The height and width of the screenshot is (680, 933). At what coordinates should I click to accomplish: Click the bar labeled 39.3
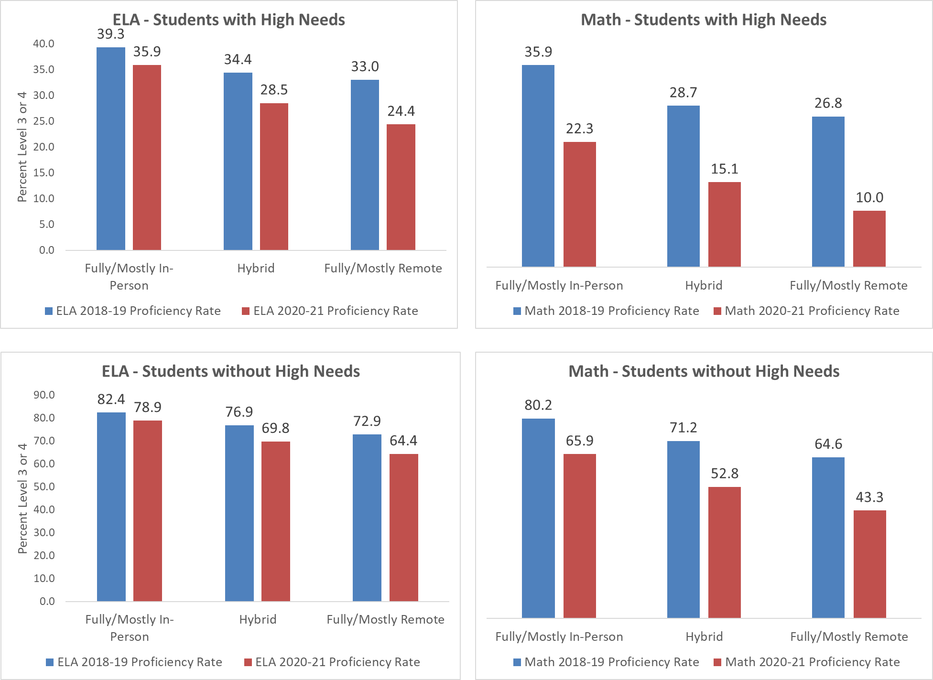tap(110, 148)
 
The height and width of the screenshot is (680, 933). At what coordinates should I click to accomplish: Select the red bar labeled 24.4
tap(401, 187)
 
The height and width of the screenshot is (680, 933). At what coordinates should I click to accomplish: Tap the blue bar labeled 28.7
tap(683, 186)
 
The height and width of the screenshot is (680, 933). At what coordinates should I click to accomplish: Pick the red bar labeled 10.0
tap(869, 238)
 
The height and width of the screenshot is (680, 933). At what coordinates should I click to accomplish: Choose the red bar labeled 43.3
tap(869, 564)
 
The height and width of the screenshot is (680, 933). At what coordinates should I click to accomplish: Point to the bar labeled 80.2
tap(538, 518)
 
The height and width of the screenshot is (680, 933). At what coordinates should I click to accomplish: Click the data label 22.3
tap(579, 129)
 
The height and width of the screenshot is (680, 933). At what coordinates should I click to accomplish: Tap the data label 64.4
tap(403, 440)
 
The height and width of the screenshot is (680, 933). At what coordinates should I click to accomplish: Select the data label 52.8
tap(725, 474)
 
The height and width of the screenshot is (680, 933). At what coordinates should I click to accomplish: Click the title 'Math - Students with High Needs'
tap(704, 20)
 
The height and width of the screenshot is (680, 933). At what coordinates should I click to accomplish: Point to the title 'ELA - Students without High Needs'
tap(231, 371)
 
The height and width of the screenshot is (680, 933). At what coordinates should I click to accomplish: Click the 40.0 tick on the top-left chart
tap(43, 43)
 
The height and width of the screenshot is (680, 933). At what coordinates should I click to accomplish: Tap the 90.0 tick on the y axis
tap(44, 395)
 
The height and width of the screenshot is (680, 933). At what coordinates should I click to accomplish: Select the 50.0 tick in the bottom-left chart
tap(44, 486)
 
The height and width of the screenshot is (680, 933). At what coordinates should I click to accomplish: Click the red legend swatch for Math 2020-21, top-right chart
tap(717, 311)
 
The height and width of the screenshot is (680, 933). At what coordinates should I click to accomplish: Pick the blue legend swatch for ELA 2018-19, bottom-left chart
tap(50, 662)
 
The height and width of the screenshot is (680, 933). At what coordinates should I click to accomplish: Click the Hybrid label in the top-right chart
tap(704, 285)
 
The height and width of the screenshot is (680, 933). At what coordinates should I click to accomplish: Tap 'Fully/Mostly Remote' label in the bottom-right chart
tap(849, 637)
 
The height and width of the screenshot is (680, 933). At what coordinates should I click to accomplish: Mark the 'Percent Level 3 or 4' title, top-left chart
tap(22, 147)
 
